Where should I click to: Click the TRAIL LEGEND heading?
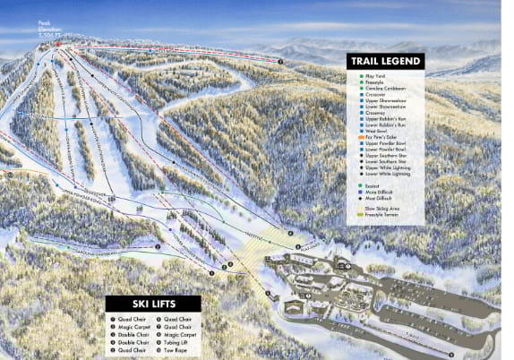[x=386, y=61]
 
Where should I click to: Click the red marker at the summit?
[x=57, y=41]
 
